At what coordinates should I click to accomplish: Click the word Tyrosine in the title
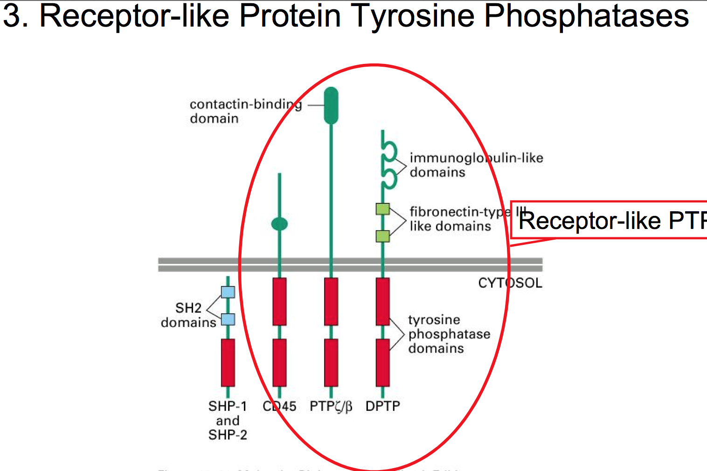tap(413, 16)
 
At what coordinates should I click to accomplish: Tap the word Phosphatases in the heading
tap(586, 16)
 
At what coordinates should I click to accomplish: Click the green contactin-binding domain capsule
tap(331, 106)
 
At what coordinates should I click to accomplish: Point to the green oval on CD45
tap(279, 224)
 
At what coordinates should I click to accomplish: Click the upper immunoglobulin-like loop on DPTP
tap(389, 151)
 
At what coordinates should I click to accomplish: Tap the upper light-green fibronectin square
tap(383, 209)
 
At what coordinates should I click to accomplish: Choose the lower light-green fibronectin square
tap(383, 236)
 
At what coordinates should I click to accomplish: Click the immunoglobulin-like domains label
tap(476, 165)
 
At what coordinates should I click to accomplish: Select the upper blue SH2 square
tap(228, 292)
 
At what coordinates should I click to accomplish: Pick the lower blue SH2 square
tap(228, 319)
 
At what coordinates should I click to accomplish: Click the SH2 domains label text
tap(188, 315)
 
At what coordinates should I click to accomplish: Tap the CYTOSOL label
tap(510, 283)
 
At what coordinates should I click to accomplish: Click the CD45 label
tap(279, 406)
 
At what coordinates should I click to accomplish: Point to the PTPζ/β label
tap(331, 406)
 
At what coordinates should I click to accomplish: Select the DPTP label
tap(382, 406)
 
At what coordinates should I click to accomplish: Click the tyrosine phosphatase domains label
tap(449, 334)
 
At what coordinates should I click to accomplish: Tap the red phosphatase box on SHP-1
tap(228, 362)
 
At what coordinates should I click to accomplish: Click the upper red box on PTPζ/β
tap(331, 301)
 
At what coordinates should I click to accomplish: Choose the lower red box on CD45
tap(279, 362)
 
